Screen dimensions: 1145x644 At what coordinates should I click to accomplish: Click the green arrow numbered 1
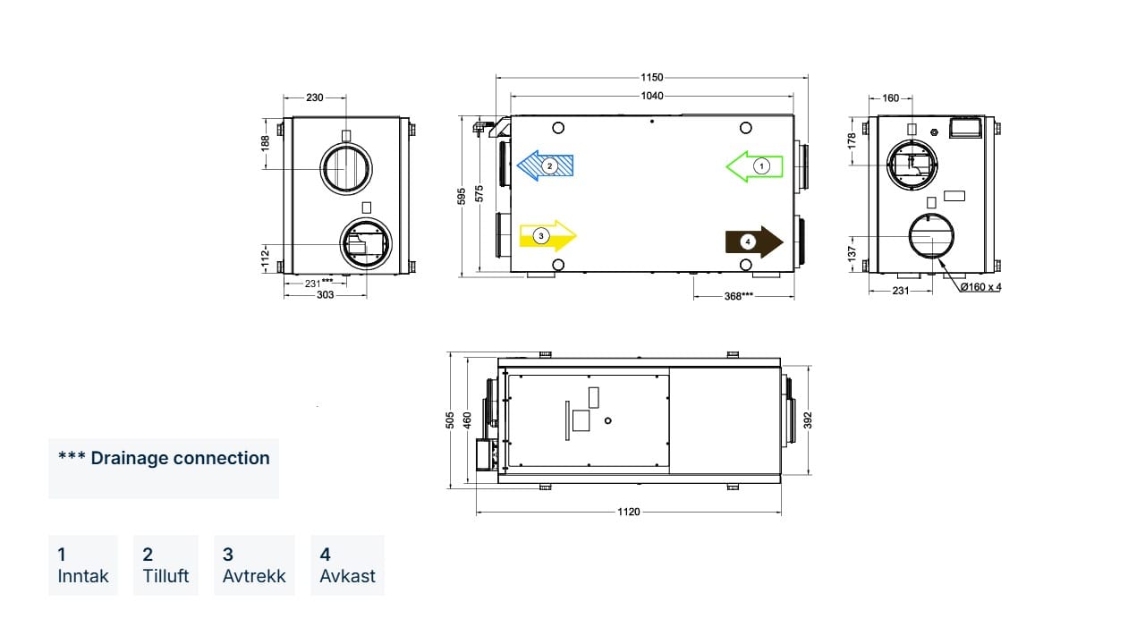tap(754, 166)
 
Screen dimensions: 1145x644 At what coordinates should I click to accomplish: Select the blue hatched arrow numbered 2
tap(545, 165)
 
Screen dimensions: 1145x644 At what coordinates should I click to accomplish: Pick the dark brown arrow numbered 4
tap(754, 241)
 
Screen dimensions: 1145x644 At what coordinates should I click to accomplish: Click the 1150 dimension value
tap(652, 77)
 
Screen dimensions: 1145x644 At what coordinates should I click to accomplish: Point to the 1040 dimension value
tap(652, 96)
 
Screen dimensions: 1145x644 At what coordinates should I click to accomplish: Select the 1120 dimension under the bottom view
tap(628, 512)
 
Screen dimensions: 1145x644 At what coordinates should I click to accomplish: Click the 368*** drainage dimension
tap(739, 296)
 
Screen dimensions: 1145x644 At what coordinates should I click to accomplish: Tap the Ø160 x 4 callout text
tap(980, 287)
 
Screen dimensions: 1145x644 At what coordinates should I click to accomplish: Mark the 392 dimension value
tap(808, 420)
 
